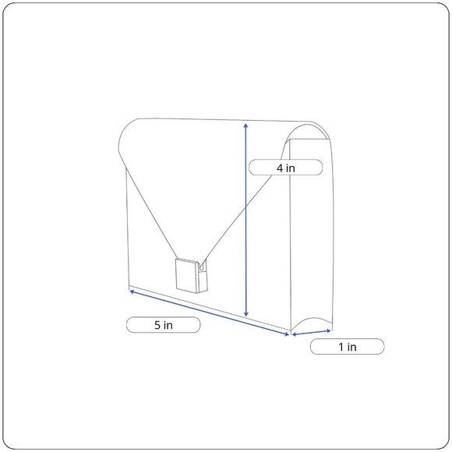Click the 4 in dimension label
point(286,168)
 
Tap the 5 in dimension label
point(163,325)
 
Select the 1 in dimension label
point(347,347)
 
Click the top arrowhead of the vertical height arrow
point(245,125)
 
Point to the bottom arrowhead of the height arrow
point(246,314)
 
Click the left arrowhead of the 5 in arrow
point(132,291)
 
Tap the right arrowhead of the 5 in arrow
point(286,334)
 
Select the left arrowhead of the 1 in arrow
point(295,334)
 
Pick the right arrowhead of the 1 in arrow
point(328,330)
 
